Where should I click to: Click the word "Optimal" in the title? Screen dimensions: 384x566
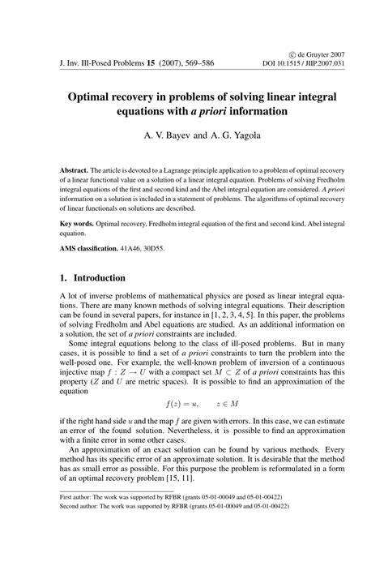tap(102, 96)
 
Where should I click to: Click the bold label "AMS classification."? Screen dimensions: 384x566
tap(100, 247)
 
